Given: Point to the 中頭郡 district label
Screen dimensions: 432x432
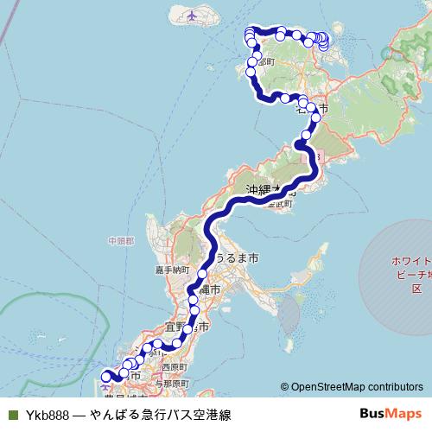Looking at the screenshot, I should (122, 239).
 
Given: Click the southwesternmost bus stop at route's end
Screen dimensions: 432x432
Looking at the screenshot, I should (106, 376).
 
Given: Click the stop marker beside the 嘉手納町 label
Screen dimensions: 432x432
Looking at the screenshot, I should (202, 274).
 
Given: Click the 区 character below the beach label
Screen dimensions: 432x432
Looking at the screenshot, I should (416, 289).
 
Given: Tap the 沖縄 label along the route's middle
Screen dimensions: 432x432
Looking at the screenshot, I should (259, 189).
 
